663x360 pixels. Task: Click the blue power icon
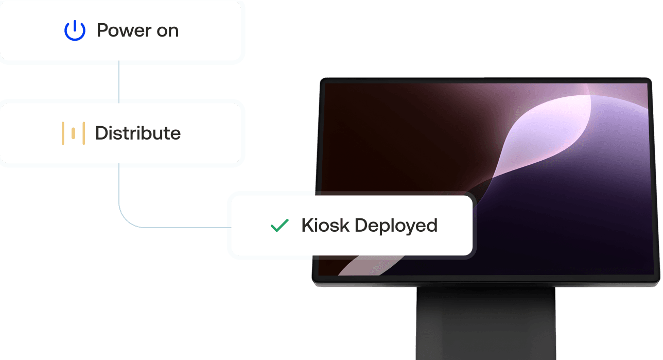(x=75, y=31)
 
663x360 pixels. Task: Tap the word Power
(x=123, y=31)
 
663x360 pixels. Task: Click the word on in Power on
(x=167, y=31)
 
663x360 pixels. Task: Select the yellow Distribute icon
(x=73, y=133)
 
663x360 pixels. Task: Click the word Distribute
(x=138, y=133)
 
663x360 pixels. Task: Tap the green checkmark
(x=280, y=225)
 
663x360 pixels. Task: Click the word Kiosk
(x=325, y=225)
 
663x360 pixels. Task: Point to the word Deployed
(x=396, y=226)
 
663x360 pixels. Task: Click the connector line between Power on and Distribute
(x=119, y=82)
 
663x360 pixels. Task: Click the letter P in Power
(x=102, y=31)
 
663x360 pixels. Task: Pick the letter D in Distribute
(x=101, y=133)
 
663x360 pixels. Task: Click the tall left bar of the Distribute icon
(x=63, y=133)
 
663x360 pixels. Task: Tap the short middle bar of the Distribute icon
(x=73, y=133)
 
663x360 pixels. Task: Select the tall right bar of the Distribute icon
(x=83, y=133)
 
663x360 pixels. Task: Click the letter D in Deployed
(x=362, y=225)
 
